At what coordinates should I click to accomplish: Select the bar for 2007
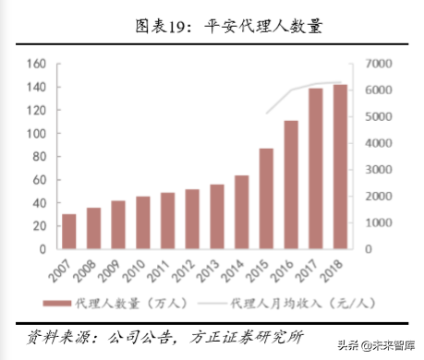pyautogui.click(x=69, y=232)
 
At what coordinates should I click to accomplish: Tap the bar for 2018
pyautogui.click(x=340, y=167)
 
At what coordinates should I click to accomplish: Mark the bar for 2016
pyautogui.click(x=290, y=185)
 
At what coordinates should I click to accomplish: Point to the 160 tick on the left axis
pyautogui.click(x=37, y=64)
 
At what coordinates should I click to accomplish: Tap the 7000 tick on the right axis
pyautogui.click(x=380, y=64)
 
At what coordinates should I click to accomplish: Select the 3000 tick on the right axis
pyautogui.click(x=380, y=170)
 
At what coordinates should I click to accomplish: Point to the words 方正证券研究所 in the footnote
pyautogui.click(x=250, y=335)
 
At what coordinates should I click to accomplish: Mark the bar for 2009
pyautogui.click(x=118, y=225)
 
